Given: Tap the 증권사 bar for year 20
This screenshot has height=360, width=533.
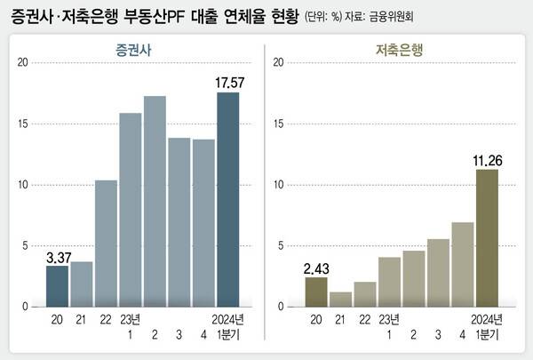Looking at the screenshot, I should pos(57,285).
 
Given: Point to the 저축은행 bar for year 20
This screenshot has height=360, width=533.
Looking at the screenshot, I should pos(316,292).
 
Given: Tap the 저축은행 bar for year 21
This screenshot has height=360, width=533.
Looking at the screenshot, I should pos(340,299).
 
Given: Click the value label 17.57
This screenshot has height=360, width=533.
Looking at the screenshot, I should pos(228,83).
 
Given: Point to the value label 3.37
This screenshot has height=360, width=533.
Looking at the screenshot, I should pos(57,258).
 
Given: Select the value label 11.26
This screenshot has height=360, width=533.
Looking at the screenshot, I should pos(487,160).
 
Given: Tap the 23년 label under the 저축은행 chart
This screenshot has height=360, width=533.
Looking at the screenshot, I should pos(388,320).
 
